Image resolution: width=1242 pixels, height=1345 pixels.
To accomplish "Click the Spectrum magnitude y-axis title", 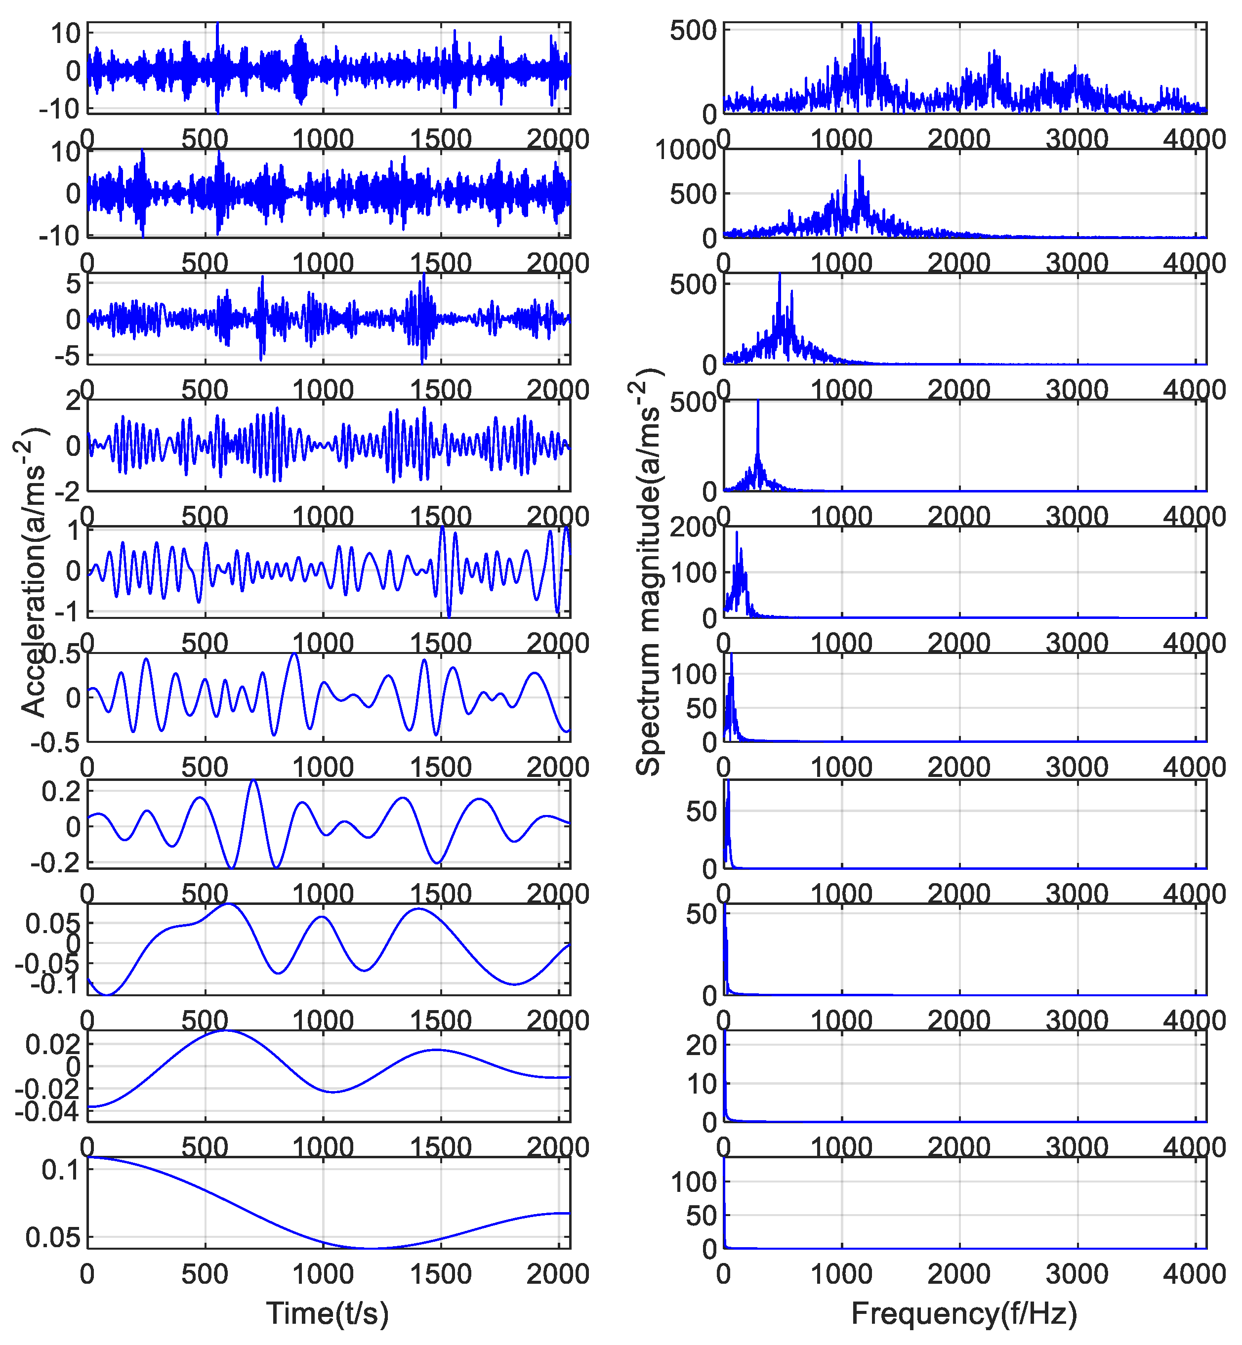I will point(649,571).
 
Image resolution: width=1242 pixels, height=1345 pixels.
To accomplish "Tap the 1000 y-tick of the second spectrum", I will point(686,150).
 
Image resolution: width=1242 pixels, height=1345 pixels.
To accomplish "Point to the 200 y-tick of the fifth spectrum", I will point(694,527).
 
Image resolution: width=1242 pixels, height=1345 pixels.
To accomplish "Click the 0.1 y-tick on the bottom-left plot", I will point(60,1170).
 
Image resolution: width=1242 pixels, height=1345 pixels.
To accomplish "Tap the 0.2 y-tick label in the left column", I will point(60,791).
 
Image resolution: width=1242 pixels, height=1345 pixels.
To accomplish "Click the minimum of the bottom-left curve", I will point(370,1248).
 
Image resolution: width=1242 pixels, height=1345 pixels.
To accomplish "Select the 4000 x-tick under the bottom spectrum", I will point(1194,1274).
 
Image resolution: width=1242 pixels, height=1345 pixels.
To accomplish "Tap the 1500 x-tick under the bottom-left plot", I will point(440,1274).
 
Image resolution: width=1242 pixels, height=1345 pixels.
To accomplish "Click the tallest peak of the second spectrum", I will point(859,161).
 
